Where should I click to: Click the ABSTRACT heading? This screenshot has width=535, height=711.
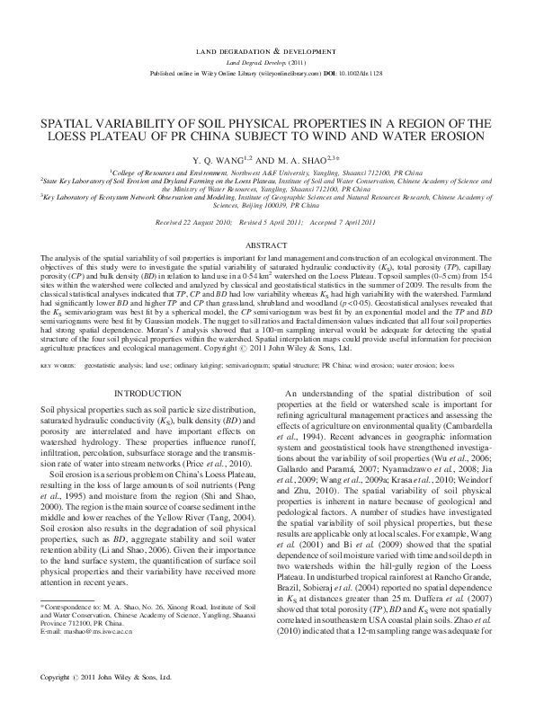[267, 244]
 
